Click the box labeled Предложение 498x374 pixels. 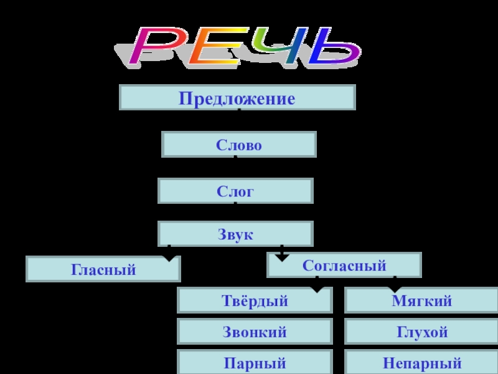[x=237, y=98]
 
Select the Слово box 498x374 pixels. [x=239, y=145]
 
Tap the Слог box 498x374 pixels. [x=235, y=191]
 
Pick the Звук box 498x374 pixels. [x=235, y=234]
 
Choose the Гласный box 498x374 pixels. [x=103, y=269]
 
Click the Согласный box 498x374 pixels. [x=344, y=265]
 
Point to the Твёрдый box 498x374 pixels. [x=255, y=300]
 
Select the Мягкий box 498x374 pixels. [x=422, y=300]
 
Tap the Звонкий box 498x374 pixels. [x=255, y=332]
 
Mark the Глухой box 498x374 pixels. [x=422, y=332]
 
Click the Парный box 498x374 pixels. [x=255, y=362]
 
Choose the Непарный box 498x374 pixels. [x=422, y=362]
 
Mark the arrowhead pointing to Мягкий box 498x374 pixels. [x=395, y=289]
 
